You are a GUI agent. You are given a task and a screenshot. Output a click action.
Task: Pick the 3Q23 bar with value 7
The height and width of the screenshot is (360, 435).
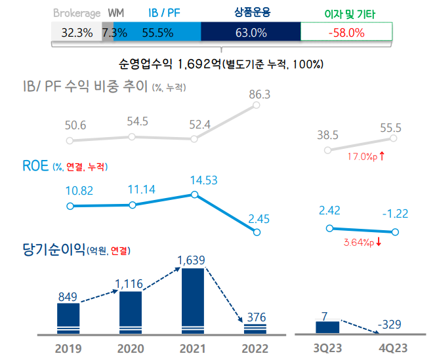328,327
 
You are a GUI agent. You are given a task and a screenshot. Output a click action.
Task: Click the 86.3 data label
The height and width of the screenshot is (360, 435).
260,94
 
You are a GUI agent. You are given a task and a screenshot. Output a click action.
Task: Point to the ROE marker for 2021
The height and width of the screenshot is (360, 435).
193,194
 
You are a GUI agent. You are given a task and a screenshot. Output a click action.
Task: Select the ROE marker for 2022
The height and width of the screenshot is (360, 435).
256,232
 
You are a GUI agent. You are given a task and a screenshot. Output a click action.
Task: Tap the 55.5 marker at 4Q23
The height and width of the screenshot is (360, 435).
394,138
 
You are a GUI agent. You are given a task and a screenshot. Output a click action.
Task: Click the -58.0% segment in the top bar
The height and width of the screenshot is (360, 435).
346,32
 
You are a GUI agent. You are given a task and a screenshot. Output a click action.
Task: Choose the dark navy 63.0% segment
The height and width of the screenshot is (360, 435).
250,32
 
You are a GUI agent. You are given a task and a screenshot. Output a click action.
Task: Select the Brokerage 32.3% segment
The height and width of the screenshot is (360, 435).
76,32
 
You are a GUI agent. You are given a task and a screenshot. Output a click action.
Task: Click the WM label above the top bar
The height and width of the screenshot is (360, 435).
115,13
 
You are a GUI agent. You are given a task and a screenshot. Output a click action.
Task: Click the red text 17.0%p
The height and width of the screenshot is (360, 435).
362,157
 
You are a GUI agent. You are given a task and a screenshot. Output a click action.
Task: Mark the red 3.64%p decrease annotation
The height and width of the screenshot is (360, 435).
362,242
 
